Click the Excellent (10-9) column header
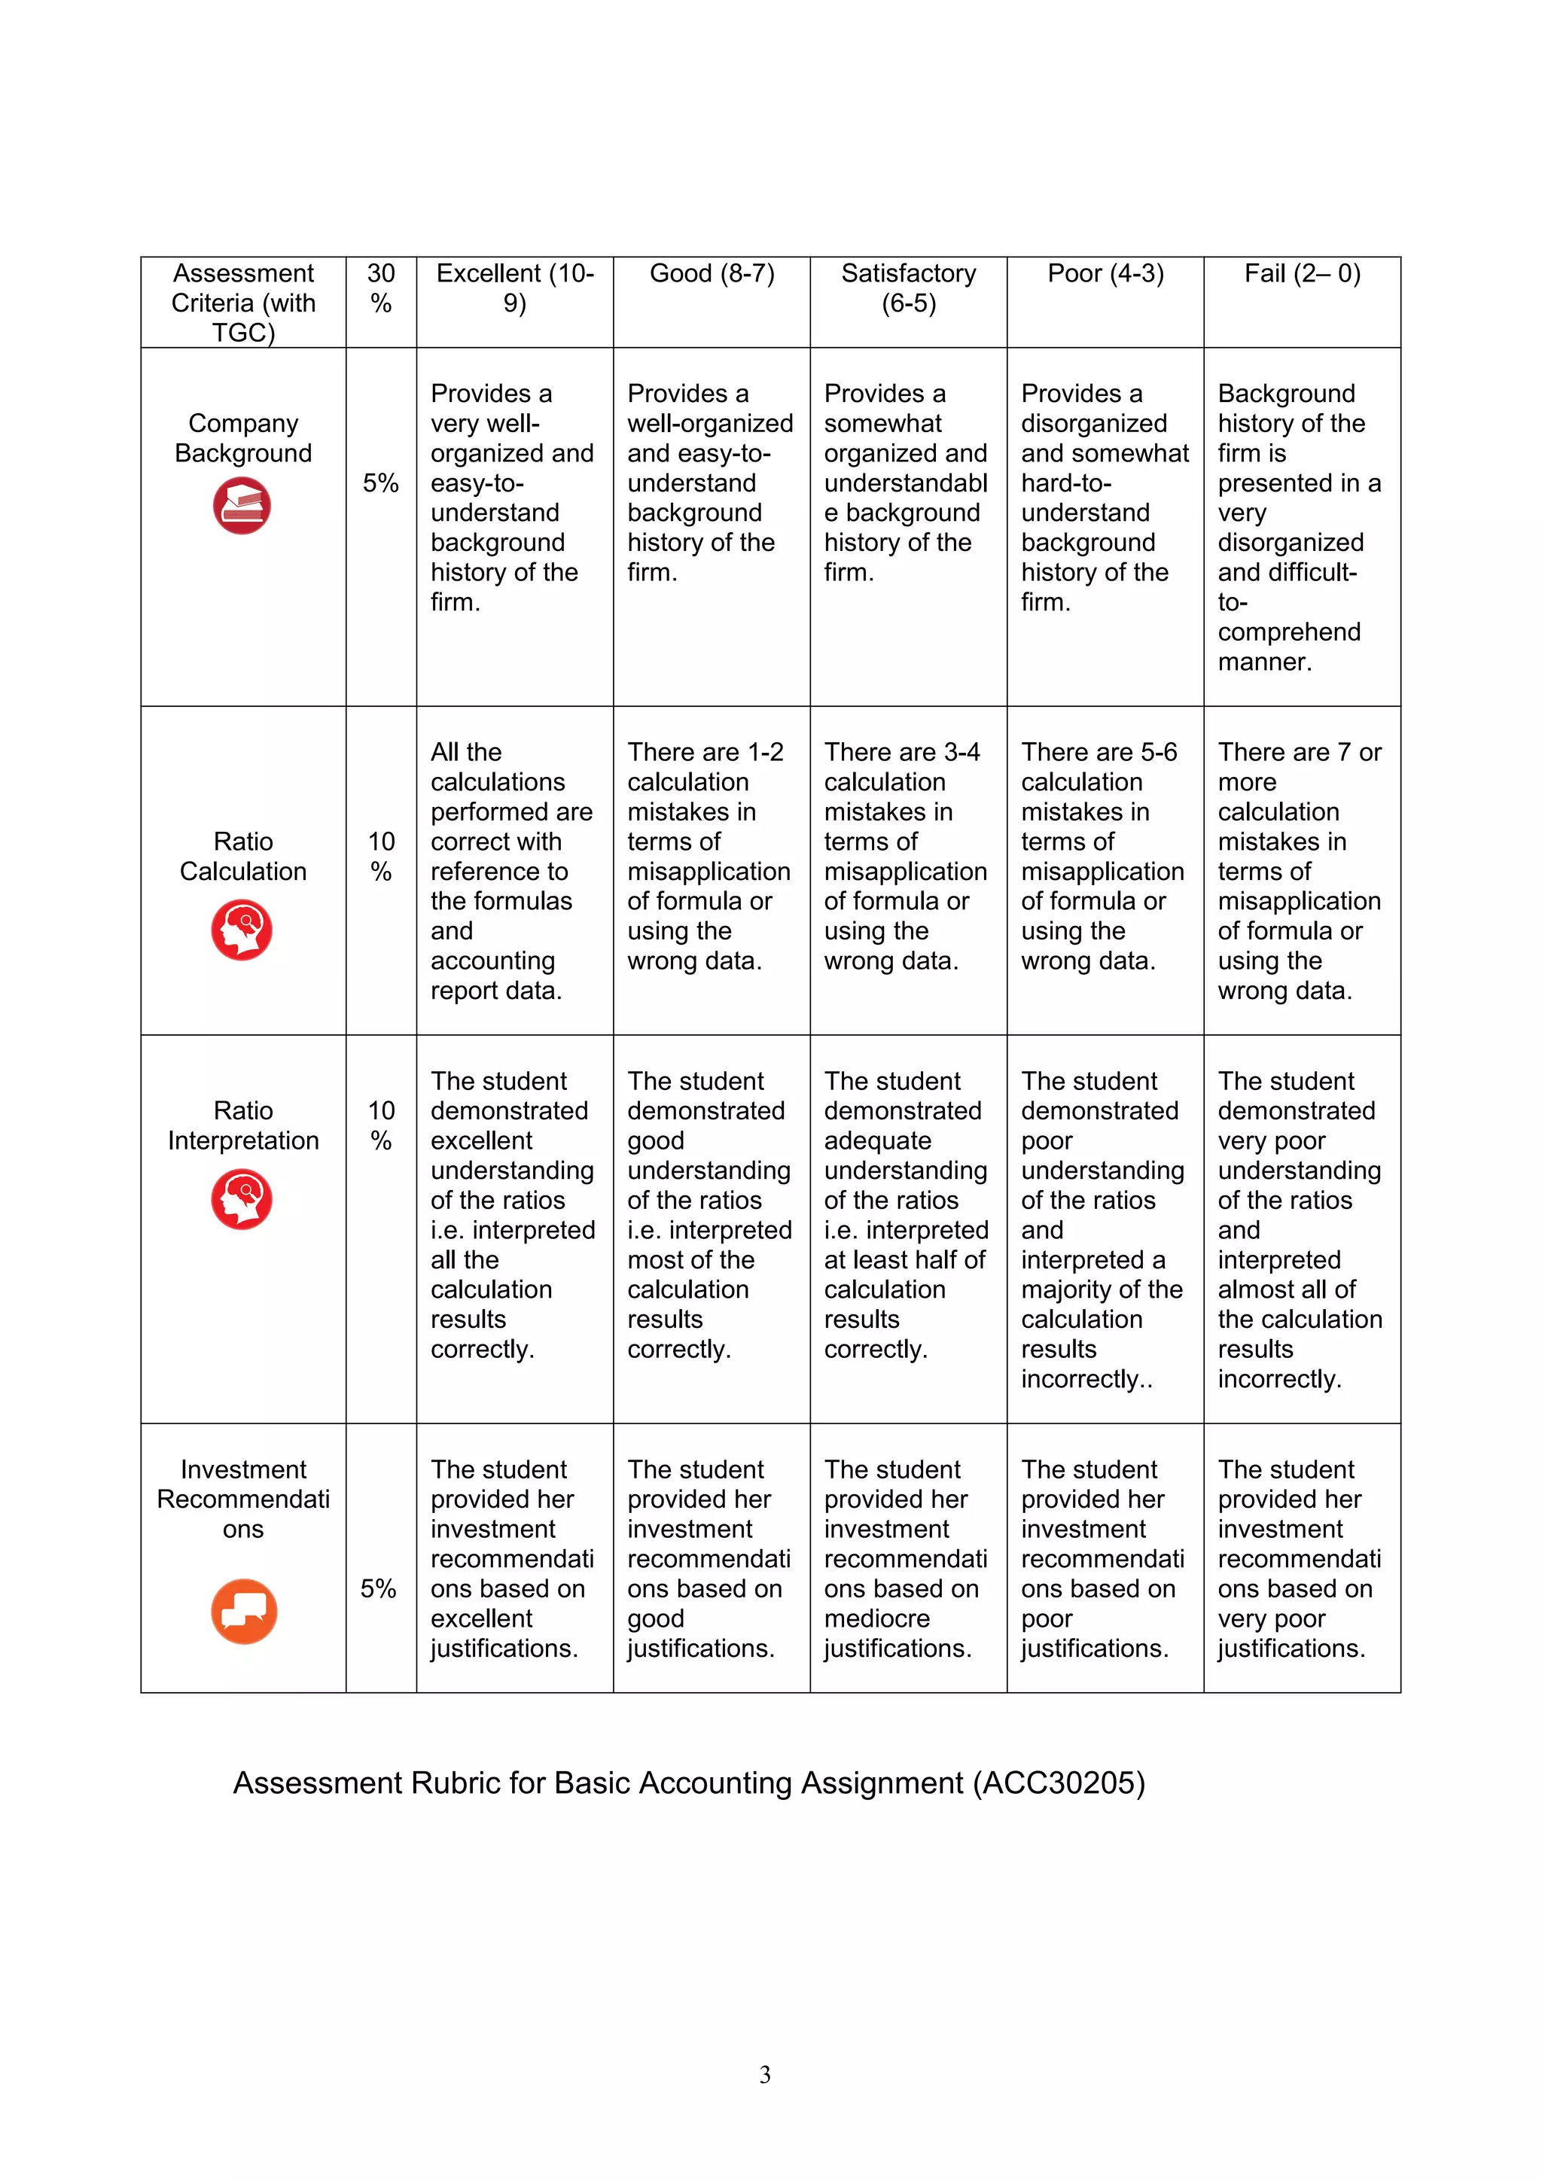(515, 288)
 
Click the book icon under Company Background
(242, 505)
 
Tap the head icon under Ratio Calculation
(242, 930)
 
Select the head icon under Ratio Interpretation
(242, 1199)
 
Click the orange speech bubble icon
(244, 1610)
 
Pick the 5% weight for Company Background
(381, 483)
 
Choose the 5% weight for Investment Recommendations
(378, 1588)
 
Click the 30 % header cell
(381, 288)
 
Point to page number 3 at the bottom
(765, 2075)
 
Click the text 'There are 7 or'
(1299, 752)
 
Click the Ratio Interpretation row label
(243, 1125)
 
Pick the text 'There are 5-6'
(1099, 752)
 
